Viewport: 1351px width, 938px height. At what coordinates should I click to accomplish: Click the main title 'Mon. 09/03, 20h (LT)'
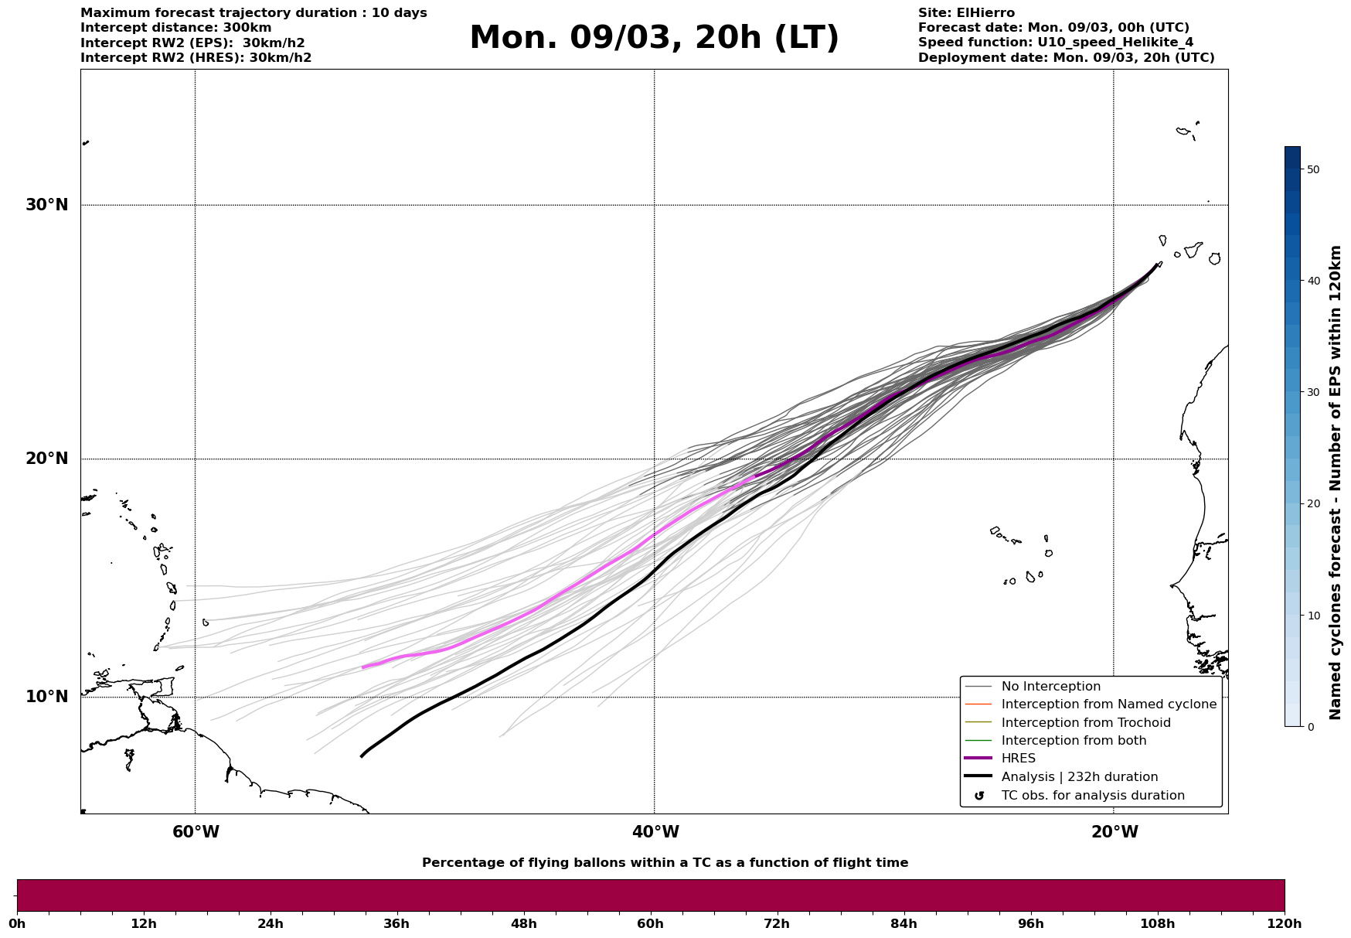[x=654, y=38]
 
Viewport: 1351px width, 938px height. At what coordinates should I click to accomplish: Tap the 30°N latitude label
[x=46, y=205]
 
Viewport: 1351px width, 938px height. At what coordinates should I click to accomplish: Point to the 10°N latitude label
[x=46, y=697]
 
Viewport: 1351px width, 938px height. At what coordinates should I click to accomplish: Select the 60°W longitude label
[x=196, y=832]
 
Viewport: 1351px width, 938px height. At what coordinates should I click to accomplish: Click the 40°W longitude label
[x=655, y=832]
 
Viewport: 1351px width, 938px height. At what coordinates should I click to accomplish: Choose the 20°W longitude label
[x=1114, y=832]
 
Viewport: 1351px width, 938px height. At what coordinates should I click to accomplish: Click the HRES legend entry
[x=1018, y=759]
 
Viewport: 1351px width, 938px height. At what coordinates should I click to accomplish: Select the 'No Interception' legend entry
[x=1050, y=687]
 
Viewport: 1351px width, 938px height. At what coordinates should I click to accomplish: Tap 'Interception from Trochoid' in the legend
[x=1086, y=723]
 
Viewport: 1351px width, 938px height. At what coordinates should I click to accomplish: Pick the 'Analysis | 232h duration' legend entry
[x=1080, y=777]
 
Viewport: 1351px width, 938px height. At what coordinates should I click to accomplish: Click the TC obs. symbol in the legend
[x=979, y=796]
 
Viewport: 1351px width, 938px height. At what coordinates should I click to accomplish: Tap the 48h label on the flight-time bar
[x=523, y=923]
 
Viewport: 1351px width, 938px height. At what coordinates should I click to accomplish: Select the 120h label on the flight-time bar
[x=1284, y=923]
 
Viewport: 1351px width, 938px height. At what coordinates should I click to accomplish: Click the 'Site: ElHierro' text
[x=966, y=13]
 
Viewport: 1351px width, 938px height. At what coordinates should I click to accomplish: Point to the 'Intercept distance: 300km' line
[x=176, y=28]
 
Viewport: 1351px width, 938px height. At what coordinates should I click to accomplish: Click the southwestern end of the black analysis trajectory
[x=362, y=756]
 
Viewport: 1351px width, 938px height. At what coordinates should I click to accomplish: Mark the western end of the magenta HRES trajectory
[x=363, y=667]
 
